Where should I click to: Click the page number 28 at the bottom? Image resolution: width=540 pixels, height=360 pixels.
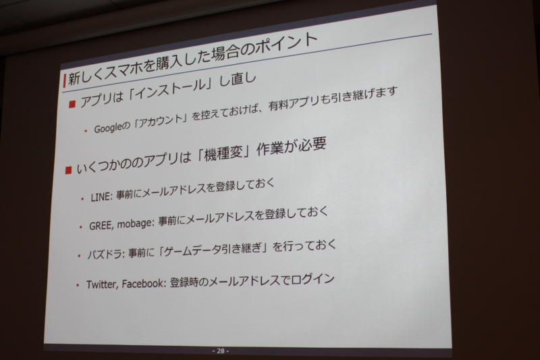221,351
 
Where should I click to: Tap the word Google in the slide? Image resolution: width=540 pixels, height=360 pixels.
108,128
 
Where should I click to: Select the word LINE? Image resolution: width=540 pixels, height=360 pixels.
101,197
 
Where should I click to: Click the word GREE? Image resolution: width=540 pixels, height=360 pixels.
100,226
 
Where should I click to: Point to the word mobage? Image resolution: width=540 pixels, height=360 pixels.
134,224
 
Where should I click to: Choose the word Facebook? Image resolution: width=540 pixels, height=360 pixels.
142,284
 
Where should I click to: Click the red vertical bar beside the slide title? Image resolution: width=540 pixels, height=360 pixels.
64,80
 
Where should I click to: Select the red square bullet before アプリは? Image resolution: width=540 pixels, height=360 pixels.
72,104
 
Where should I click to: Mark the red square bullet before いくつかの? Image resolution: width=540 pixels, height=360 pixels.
68,170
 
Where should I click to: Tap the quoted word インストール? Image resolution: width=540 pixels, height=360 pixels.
172,89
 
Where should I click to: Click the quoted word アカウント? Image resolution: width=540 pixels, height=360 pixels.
159,121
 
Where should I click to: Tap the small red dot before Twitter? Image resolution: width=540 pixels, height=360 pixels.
78,285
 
